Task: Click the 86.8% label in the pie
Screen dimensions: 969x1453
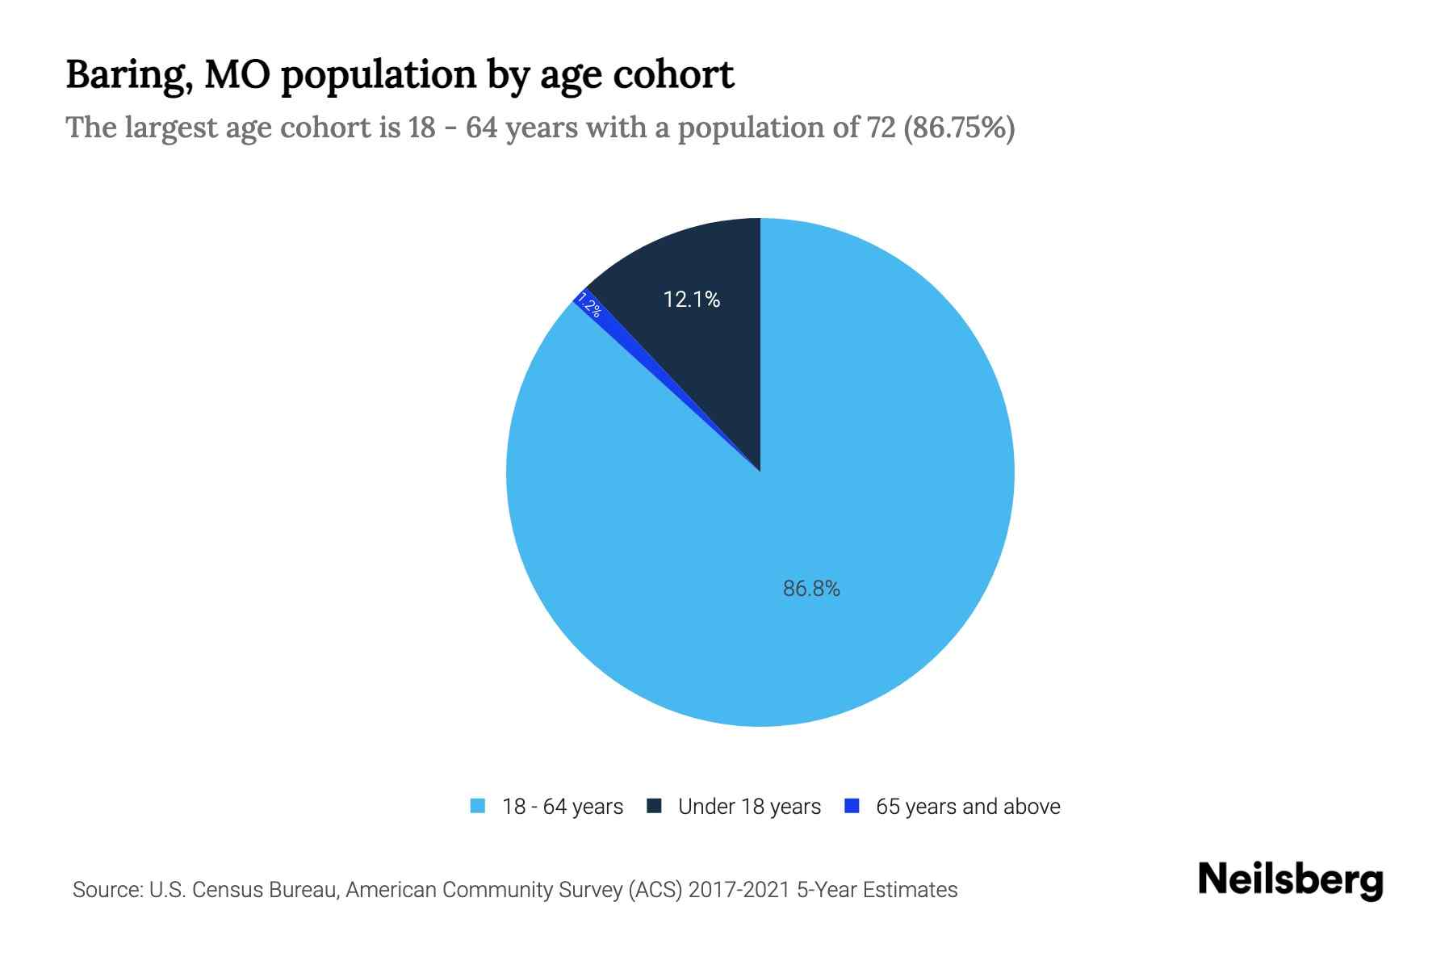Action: click(x=811, y=589)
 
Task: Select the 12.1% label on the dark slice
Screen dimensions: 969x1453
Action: click(x=691, y=300)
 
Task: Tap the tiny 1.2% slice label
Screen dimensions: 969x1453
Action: click(x=589, y=308)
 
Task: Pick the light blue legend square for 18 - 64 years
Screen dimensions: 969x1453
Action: click(x=478, y=806)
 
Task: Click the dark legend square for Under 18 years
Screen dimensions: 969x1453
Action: click(x=655, y=806)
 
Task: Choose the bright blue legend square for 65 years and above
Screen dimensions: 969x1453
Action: click(x=851, y=806)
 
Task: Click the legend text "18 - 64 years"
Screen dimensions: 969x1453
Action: click(x=563, y=807)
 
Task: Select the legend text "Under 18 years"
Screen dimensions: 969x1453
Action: click(x=749, y=807)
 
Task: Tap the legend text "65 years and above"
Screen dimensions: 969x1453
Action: click(x=968, y=807)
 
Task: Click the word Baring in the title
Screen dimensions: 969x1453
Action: click(x=127, y=75)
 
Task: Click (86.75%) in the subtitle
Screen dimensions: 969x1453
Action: click(x=959, y=128)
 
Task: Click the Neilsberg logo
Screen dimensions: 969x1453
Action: click(x=1290, y=880)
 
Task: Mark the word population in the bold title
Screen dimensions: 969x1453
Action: click(x=379, y=75)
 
